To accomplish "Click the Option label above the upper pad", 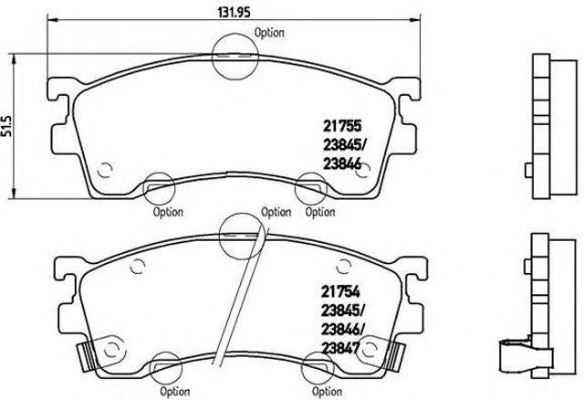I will [x=269, y=32].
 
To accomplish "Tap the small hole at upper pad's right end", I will [x=362, y=169].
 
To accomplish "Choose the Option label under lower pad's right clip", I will [x=327, y=392].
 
